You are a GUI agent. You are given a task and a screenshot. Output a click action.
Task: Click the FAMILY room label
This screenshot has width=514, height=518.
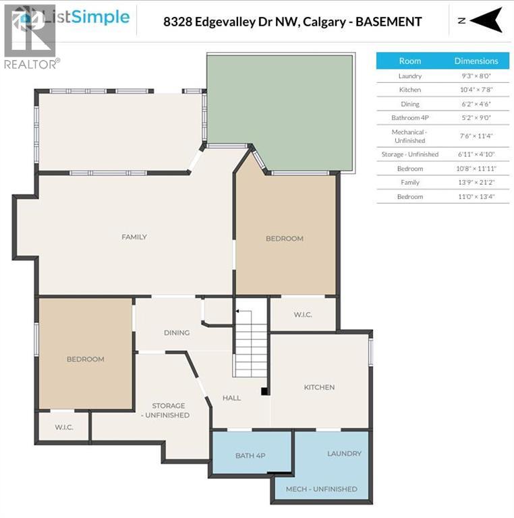pyautogui.click(x=134, y=237)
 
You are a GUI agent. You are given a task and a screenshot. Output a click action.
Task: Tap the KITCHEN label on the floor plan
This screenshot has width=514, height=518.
pyautogui.click(x=319, y=387)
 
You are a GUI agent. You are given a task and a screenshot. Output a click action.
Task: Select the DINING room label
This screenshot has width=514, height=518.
pyautogui.click(x=177, y=333)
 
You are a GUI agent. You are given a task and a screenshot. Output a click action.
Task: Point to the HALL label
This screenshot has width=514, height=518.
pyautogui.click(x=231, y=398)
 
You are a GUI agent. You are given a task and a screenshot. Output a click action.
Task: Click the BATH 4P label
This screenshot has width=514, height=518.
pyautogui.click(x=250, y=455)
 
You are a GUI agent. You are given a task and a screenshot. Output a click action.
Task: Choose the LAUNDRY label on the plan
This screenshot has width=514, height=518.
pyautogui.click(x=344, y=453)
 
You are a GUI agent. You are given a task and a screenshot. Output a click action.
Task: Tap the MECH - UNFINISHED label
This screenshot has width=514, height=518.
pyautogui.click(x=322, y=489)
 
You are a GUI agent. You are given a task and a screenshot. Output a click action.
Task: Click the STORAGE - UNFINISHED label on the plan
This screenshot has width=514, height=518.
pyautogui.click(x=169, y=410)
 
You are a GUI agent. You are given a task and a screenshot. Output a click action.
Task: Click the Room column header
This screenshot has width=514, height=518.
pyautogui.click(x=409, y=61)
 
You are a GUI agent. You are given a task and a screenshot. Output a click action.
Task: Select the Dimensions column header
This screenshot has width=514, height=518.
pyautogui.click(x=476, y=61)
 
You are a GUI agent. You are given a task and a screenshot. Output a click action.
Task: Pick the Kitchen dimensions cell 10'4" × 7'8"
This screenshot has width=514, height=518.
pyautogui.click(x=476, y=90)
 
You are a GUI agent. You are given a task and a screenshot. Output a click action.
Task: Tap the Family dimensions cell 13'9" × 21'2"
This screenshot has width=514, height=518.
pyautogui.click(x=476, y=182)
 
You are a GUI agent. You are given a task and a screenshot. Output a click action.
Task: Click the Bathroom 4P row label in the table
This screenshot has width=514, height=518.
pyautogui.click(x=409, y=117)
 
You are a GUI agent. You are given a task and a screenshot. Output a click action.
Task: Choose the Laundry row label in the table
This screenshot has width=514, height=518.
pyautogui.click(x=409, y=76)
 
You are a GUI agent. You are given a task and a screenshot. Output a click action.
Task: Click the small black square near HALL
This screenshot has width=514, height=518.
pyautogui.click(x=265, y=391)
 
